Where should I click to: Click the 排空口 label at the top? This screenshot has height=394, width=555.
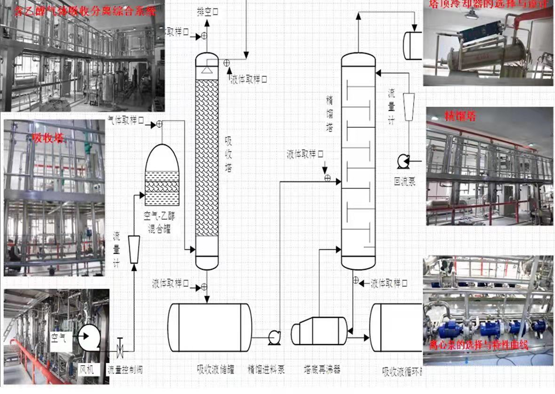[x=208, y=12]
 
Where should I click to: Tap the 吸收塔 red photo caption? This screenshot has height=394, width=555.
[x=48, y=138]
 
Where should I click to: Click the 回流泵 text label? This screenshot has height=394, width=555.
[x=404, y=181]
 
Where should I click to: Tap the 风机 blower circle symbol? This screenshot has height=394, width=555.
[x=89, y=338]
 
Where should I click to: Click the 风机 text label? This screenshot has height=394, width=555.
[x=86, y=369]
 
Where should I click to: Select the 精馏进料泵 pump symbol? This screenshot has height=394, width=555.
[x=274, y=338]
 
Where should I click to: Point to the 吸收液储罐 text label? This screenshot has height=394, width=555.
[x=215, y=370]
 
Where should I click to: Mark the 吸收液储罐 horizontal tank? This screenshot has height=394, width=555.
[x=210, y=327]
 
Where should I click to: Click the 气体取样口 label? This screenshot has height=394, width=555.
[x=126, y=120]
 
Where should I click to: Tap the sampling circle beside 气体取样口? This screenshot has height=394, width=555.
[x=159, y=124]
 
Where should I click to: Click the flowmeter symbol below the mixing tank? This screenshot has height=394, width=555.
[x=134, y=249]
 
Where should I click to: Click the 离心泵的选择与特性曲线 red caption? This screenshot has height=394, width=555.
[x=479, y=345]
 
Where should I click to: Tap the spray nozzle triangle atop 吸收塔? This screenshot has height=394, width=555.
[x=207, y=69]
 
